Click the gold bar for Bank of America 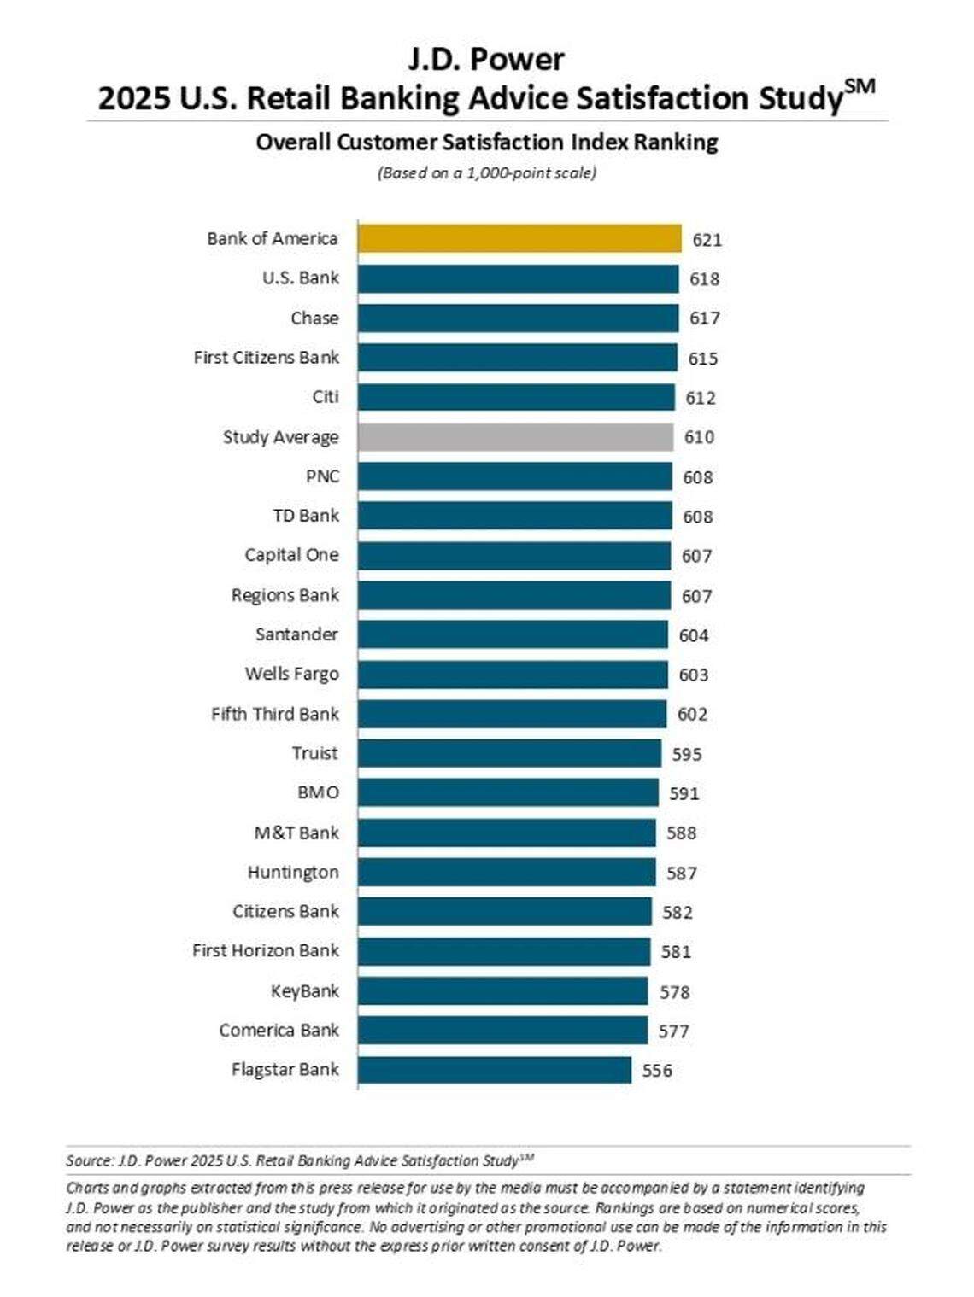tap(519, 239)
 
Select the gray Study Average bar tap(514, 437)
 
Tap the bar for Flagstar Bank tap(494, 1070)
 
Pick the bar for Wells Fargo tap(512, 675)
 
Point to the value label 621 tap(707, 240)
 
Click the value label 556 tap(657, 1071)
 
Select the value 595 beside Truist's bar tap(687, 754)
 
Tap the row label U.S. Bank tap(300, 278)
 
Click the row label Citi tap(325, 397)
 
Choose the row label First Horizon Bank tap(265, 951)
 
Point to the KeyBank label tap(304, 991)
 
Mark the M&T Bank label tap(296, 833)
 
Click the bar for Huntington tap(506, 873)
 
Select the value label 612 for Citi tap(701, 398)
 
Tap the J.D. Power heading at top tap(485, 59)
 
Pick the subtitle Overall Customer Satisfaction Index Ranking tap(486, 142)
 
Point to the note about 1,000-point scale tap(486, 173)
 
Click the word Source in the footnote tap(88, 1161)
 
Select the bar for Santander tap(512, 635)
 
